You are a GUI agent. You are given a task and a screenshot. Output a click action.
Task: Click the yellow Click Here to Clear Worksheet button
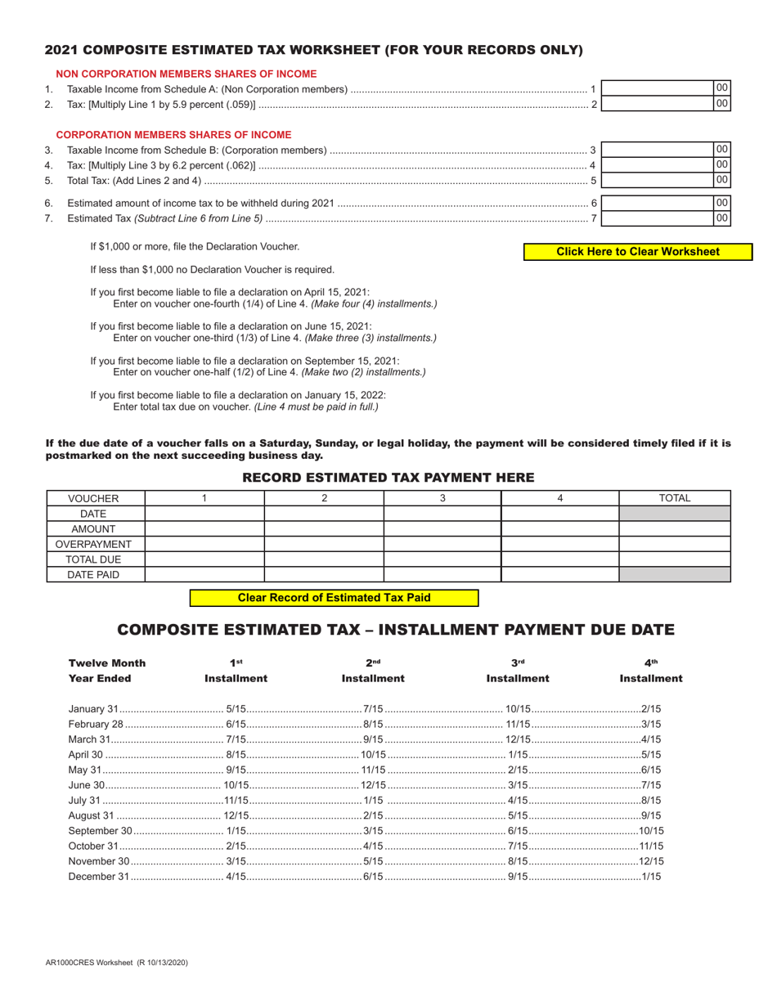(638, 252)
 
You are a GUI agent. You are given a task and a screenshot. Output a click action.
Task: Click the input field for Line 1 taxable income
(658, 88)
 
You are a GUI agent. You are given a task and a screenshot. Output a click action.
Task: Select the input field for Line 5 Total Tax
(658, 180)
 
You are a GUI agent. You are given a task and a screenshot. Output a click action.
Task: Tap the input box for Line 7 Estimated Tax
(658, 218)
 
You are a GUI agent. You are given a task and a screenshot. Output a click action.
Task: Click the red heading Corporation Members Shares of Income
(173, 135)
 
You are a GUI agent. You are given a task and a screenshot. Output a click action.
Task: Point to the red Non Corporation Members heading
(186, 74)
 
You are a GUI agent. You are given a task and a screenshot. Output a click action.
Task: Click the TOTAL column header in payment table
(675, 498)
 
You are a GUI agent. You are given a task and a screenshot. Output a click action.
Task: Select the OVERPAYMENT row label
(94, 544)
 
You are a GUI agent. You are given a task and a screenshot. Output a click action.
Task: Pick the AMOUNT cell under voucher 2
(324, 529)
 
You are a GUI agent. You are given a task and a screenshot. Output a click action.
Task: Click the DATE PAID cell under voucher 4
(559, 575)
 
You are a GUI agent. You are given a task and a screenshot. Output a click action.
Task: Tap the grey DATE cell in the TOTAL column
(675, 514)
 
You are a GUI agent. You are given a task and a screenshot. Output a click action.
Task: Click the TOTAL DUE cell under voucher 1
(204, 559)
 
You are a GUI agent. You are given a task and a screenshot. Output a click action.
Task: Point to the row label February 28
(96, 724)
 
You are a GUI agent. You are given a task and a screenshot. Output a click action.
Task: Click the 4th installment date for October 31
(651, 847)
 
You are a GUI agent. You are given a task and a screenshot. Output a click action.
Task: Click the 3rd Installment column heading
(518, 678)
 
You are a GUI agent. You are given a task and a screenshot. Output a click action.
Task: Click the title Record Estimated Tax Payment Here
(388, 477)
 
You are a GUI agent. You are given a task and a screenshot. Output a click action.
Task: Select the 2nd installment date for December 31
(373, 877)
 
